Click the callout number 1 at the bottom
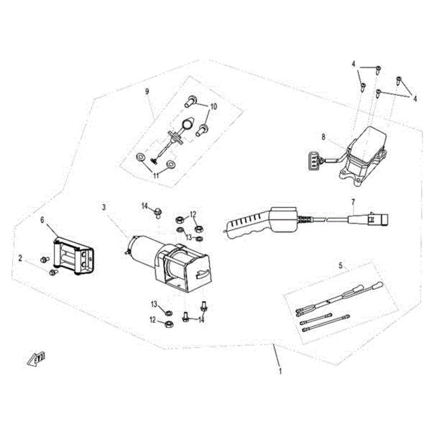[281, 372]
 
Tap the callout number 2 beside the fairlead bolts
[20, 258]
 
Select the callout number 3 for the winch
[104, 207]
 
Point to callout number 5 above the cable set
[340, 266]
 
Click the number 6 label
[42, 220]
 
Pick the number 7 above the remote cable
[353, 202]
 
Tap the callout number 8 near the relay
[324, 137]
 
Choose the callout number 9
[147, 91]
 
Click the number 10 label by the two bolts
[213, 107]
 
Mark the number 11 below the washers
[156, 176]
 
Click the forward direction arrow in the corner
[36, 359]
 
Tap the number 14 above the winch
[145, 206]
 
